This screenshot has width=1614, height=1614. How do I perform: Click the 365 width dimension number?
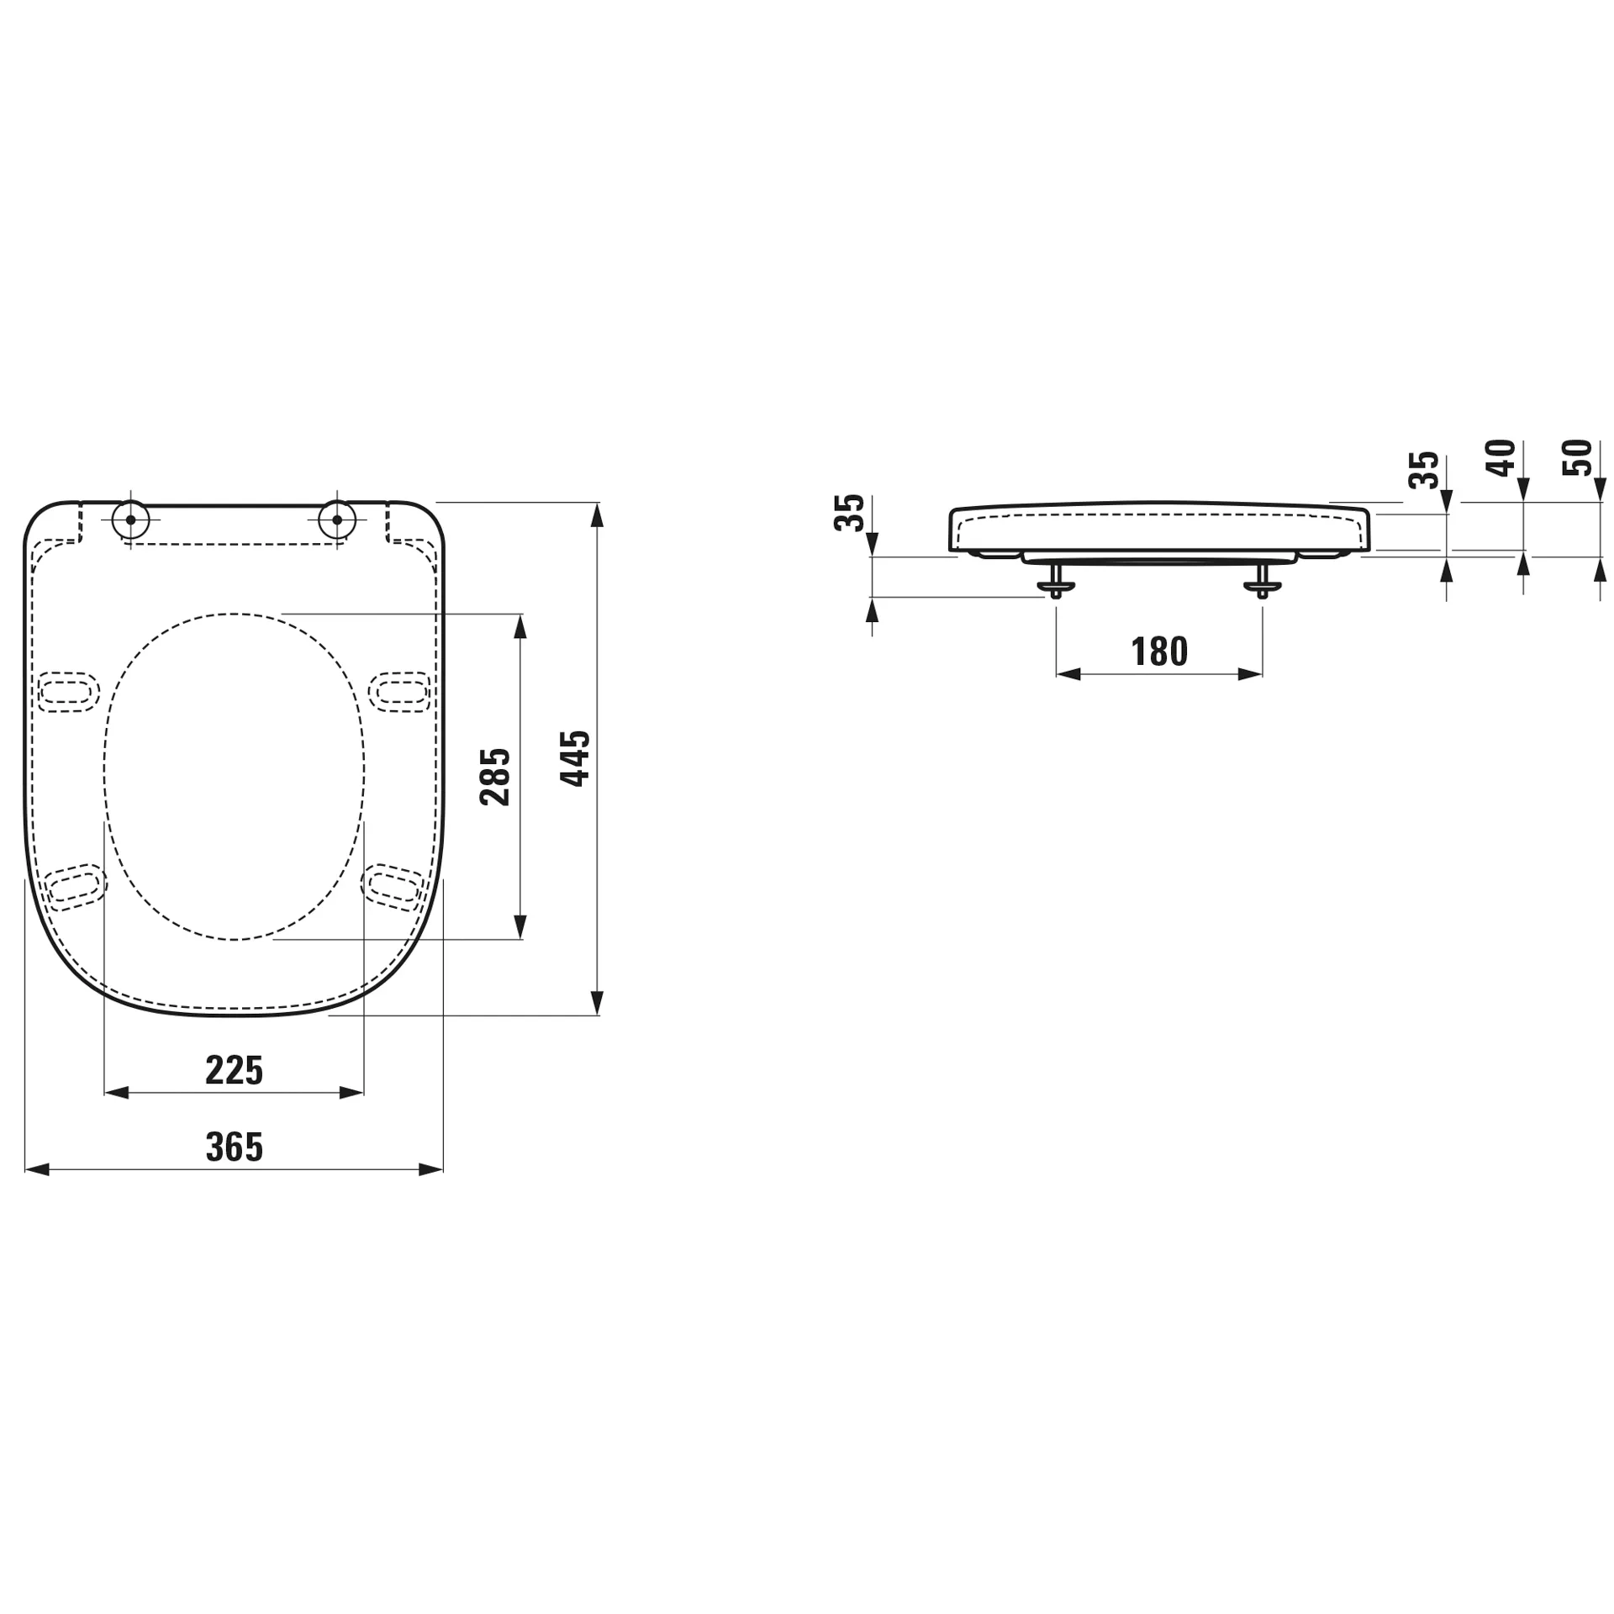[x=234, y=1147]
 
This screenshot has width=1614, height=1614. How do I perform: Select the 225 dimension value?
[x=234, y=1070]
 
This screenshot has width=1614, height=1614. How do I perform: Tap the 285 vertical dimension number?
[x=495, y=776]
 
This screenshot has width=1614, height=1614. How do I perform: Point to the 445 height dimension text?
[x=576, y=758]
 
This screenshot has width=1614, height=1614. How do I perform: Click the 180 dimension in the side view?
[x=1158, y=651]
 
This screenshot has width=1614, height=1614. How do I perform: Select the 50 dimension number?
[x=1577, y=457]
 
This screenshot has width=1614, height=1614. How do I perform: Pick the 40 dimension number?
[x=1501, y=458]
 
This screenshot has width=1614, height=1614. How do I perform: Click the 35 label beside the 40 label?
[x=1424, y=471]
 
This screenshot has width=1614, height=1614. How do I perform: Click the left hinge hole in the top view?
[x=130, y=520]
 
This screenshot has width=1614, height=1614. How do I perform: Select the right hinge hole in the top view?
[x=337, y=520]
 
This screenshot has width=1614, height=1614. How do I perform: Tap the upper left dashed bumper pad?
[x=68, y=692]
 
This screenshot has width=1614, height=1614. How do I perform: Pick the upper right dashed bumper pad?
[x=400, y=691]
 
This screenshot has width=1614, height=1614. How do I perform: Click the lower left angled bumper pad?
[x=76, y=887]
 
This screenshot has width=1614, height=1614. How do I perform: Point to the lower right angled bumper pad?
[x=393, y=886]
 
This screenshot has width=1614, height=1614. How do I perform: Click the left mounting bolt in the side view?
[x=1056, y=582]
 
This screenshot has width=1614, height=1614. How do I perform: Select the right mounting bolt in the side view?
[x=1262, y=582]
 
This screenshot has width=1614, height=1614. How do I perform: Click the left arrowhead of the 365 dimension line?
[x=37, y=1169]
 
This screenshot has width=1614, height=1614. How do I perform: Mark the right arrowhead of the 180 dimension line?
[x=1250, y=674]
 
